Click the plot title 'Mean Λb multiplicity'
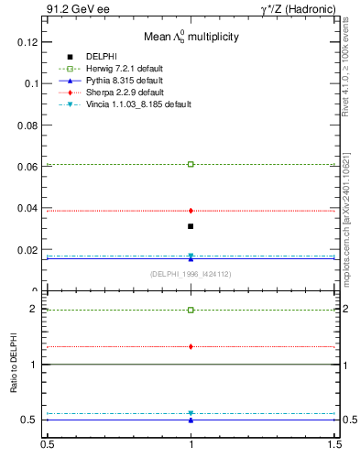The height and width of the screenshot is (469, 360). coord(191,38)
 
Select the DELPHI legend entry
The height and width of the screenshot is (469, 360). coord(101,57)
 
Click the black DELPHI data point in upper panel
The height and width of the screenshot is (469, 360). coord(191,226)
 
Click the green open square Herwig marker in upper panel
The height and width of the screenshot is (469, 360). coord(191,164)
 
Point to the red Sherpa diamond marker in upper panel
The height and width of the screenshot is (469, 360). coord(191,211)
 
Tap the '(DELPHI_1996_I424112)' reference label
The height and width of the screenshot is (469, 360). coord(191,274)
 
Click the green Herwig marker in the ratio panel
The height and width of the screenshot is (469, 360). coord(191,310)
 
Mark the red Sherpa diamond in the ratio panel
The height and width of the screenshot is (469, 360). coord(191,346)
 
